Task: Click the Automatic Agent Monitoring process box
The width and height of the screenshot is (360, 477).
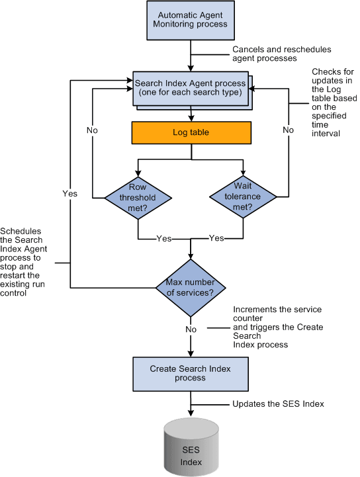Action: click(x=191, y=20)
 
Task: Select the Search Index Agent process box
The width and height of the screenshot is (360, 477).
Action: click(x=191, y=87)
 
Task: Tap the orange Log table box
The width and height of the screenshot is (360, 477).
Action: click(x=191, y=132)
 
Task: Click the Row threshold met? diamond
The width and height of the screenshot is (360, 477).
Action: click(x=138, y=196)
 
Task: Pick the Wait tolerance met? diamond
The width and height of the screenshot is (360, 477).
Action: click(x=244, y=196)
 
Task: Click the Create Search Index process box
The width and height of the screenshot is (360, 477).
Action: click(x=191, y=374)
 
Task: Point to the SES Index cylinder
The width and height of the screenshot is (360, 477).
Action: click(x=191, y=451)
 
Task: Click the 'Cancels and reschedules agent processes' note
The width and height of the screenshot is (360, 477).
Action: click(x=281, y=54)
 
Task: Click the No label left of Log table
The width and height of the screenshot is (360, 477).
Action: click(x=93, y=130)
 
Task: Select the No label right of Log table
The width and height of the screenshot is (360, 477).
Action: click(x=288, y=130)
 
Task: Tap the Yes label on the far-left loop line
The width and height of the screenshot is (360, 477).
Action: click(x=69, y=194)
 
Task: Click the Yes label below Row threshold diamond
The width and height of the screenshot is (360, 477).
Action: click(x=163, y=238)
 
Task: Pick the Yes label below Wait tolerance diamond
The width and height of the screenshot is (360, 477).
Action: click(x=216, y=238)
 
